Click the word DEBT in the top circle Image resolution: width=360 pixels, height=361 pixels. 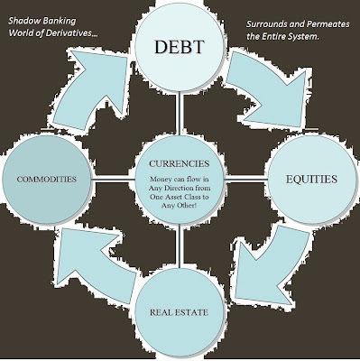point(180,47)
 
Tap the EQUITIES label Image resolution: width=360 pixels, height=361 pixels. point(311,179)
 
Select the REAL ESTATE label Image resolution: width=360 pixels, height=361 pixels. point(179,312)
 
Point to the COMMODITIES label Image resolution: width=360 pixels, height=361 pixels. point(47,180)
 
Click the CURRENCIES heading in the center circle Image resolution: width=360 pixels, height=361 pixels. point(180,163)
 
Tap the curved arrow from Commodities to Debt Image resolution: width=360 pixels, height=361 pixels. point(90,90)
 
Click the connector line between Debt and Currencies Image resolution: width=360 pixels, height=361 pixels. point(180,114)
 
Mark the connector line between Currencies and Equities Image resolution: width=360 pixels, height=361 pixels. point(246,180)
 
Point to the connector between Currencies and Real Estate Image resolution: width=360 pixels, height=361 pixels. point(180,245)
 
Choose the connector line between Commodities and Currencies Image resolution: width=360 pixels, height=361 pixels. point(114,180)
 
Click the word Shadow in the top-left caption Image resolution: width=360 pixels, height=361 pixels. point(24,21)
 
